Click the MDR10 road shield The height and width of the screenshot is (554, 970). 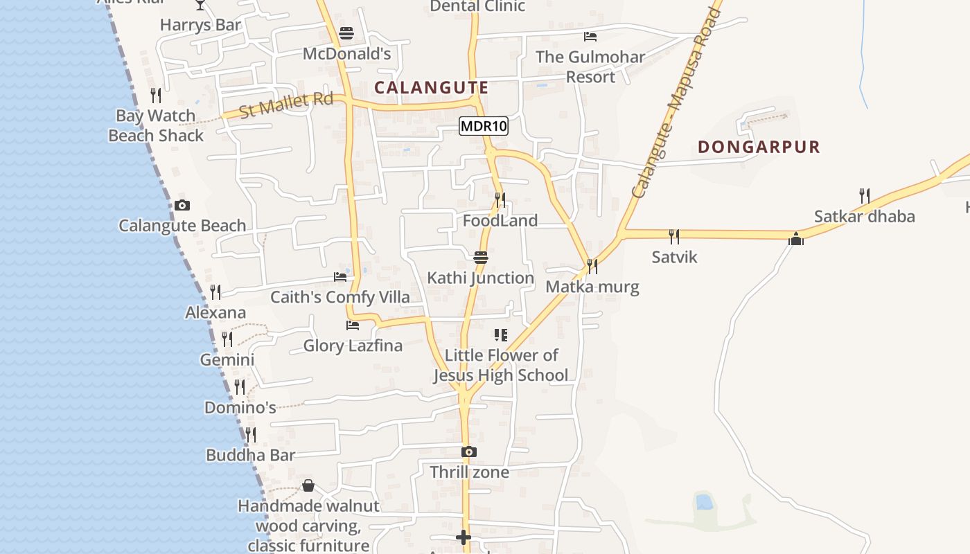[484, 126]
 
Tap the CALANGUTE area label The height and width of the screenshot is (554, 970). [432, 88]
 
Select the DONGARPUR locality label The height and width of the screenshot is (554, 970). [759, 147]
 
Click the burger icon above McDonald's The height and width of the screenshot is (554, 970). [346, 33]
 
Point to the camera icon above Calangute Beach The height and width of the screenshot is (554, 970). [182, 205]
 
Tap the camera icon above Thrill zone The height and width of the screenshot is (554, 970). [469, 452]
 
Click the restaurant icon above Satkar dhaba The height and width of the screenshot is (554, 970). [864, 196]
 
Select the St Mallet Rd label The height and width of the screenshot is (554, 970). [286, 106]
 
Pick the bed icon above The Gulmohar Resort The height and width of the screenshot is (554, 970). [590, 37]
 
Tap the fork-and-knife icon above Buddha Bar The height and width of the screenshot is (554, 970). [251, 435]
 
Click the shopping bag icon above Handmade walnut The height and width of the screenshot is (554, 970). [308, 485]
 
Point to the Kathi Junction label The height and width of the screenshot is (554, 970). [480, 278]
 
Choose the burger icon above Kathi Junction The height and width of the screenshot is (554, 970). [481, 258]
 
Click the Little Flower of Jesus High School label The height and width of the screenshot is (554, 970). [500, 365]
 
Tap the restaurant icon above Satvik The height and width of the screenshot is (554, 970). [674, 237]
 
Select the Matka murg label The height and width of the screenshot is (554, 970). [592, 287]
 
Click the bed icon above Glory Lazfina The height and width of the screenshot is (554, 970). [353, 325]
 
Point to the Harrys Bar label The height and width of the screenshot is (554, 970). [200, 26]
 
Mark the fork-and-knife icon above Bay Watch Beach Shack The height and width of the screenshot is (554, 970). [156, 96]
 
